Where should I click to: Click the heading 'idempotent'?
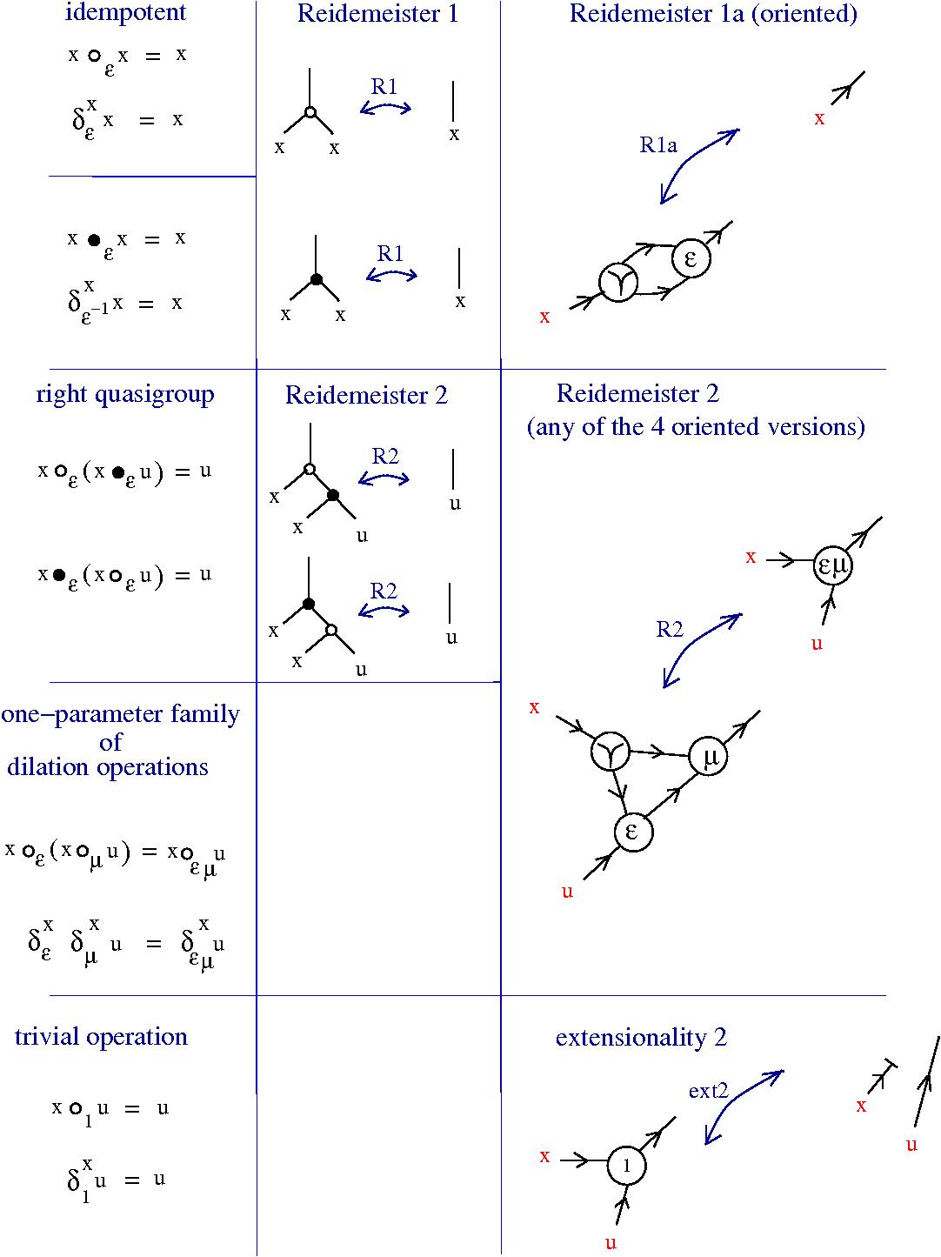coord(125,13)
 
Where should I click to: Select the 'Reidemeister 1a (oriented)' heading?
coord(713,14)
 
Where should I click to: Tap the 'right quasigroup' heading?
coord(125,395)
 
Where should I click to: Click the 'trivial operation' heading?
coord(101,1037)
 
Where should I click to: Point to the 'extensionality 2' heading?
coord(641,1038)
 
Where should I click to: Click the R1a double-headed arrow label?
coord(658,145)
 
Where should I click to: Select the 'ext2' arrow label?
coord(708,1090)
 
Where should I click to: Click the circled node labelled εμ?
coord(832,566)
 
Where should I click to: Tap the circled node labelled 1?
coord(627,1167)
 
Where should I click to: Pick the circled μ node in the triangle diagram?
coord(710,757)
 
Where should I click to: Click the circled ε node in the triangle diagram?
coord(632,832)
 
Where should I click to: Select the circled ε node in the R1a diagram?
coord(692,258)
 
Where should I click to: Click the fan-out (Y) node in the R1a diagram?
coord(619,282)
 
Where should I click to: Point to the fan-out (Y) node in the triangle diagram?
coord(611,752)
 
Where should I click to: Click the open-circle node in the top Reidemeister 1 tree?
coord(310,112)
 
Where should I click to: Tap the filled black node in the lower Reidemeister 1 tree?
coord(317,279)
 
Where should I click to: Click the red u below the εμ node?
coord(817,645)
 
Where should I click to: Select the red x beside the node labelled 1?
coord(544,1156)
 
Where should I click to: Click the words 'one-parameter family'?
coord(120,715)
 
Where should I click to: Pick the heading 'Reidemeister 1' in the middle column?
coord(377,14)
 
